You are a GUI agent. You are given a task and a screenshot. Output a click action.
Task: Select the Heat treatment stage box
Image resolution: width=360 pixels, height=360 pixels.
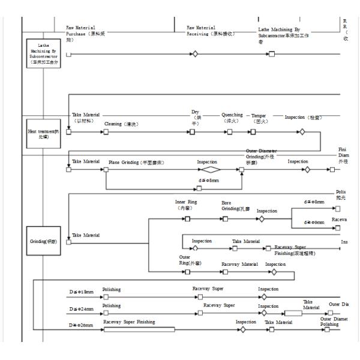pos(44,134)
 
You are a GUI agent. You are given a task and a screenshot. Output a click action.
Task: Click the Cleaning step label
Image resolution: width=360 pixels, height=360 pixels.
pos(121,124)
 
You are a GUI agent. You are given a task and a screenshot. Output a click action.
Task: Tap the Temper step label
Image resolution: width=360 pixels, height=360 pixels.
pos(259,115)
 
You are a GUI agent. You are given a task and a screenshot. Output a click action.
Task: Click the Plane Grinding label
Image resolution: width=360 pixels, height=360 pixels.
pos(136,163)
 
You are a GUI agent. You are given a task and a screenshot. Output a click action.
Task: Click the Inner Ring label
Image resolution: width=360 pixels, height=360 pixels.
pos(184,205)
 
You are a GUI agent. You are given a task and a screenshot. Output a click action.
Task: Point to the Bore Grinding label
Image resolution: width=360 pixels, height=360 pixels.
pos(235,206)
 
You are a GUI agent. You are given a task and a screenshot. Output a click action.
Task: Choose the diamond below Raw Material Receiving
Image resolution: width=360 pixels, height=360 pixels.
pos(194,54)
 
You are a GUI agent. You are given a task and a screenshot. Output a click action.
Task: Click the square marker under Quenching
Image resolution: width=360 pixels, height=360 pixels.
pos(230,132)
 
